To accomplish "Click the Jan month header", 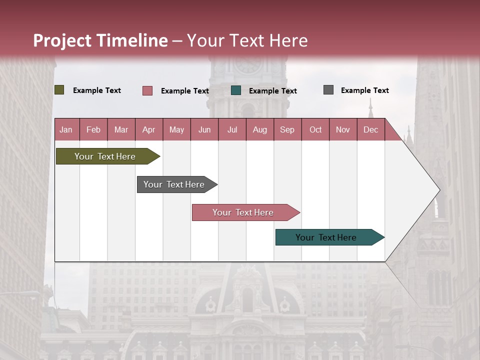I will [66, 129].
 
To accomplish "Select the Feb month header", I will [93, 129].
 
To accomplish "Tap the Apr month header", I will [148, 129].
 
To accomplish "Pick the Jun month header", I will [204, 129].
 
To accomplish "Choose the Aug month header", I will [259, 129].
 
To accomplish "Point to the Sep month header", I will [287, 129].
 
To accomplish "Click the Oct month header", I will [315, 129].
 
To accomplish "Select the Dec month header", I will [370, 129].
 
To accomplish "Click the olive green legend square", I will [59, 90].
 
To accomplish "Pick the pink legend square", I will [147, 90].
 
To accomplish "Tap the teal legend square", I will [236, 90].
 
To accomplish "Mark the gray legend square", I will [328, 90].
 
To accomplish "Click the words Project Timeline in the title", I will [100, 40].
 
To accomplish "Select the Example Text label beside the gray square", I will [364, 90].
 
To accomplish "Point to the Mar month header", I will [121, 129].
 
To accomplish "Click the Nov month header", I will [343, 129].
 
